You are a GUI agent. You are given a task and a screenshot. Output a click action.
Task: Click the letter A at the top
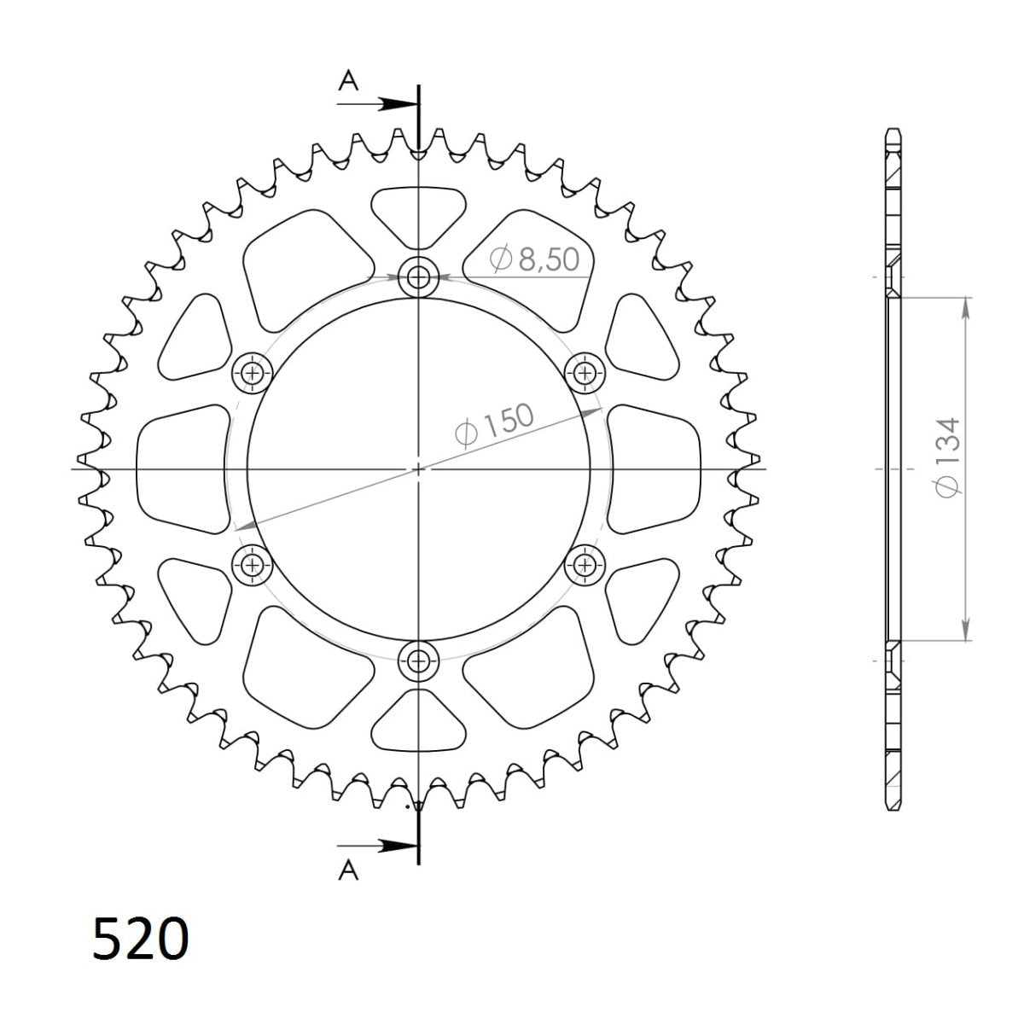point(347,81)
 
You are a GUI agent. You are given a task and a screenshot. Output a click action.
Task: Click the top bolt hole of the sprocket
point(418,276)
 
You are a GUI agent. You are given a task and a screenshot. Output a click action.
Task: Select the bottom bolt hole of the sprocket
point(418,660)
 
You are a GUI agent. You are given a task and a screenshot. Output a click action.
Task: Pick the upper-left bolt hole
point(252,372)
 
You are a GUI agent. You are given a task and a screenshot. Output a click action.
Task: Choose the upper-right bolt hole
point(585,372)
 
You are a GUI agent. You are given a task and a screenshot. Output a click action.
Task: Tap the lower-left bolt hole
point(252,563)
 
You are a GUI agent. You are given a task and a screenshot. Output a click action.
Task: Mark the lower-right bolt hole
point(585,563)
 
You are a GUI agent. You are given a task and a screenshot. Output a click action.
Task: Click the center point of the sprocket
point(418,468)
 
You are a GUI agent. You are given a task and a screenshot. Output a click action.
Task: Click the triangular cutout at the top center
point(418,212)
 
